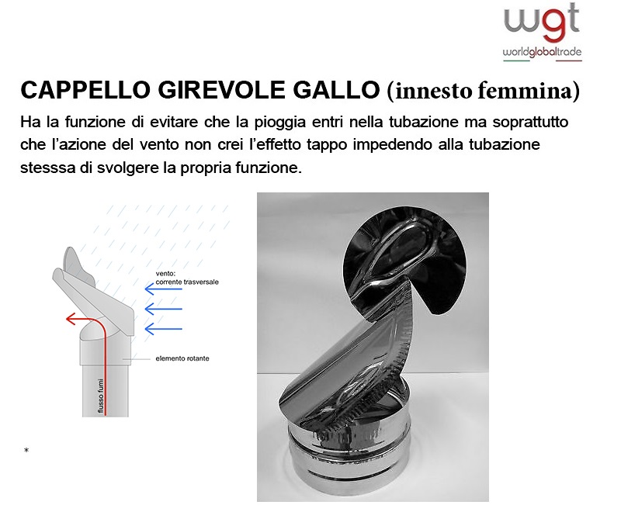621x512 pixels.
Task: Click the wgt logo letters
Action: point(541,23)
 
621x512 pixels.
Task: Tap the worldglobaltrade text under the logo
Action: point(542,52)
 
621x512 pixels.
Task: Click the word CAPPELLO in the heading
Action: point(85,90)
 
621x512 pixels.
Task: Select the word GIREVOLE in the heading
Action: point(222,90)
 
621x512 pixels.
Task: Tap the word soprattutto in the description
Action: point(530,123)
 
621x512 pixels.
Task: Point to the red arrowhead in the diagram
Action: point(71,319)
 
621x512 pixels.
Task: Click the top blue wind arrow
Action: point(163,289)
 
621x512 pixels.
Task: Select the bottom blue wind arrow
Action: point(163,329)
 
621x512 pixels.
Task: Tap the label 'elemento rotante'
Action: point(182,358)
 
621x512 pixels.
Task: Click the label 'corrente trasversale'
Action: point(187,282)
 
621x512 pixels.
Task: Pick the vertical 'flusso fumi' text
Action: point(101,396)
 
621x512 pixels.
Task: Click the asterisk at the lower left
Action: point(26,450)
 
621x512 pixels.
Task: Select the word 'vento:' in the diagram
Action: point(165,273)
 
